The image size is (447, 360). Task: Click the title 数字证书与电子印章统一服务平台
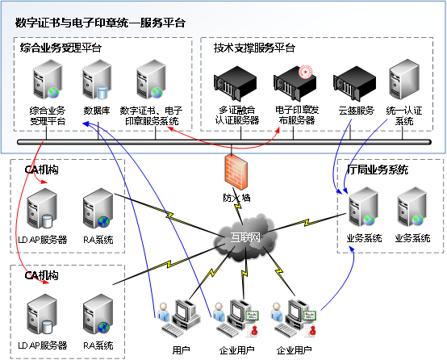point(101,23)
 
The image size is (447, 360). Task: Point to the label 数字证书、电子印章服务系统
point(150,115)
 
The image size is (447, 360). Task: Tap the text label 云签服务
point(355,111)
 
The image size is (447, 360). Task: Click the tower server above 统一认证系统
point(403,83)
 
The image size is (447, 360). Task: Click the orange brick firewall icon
point(232,170)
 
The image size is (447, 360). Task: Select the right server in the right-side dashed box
point(412,207)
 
